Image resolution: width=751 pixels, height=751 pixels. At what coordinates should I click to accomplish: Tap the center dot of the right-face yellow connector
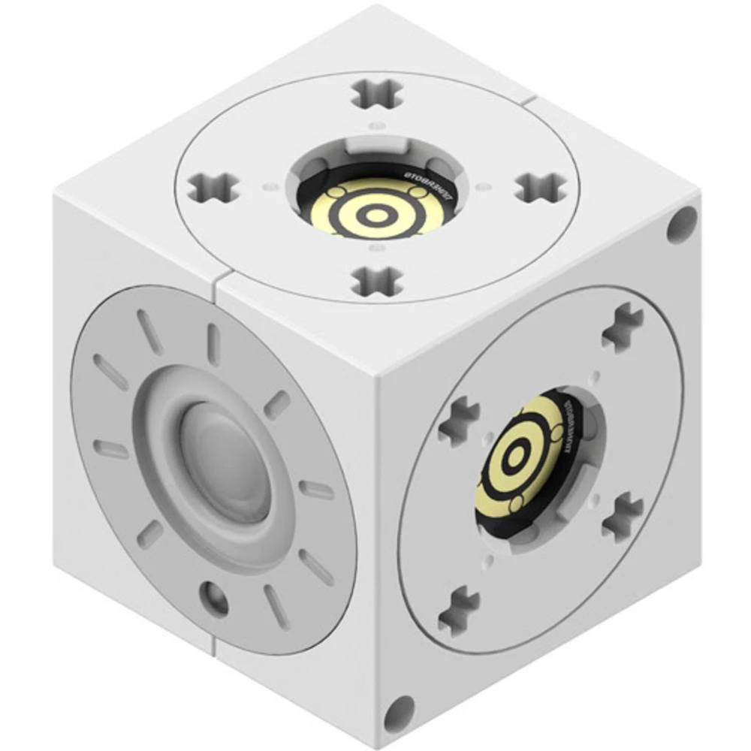[517, 455]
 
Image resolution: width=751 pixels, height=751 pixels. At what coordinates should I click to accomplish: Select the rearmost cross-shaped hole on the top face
[377, 93]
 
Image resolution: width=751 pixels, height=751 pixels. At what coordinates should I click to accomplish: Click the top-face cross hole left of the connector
[213, 187]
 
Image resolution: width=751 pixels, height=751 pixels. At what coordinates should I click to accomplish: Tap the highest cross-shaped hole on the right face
[623, 327]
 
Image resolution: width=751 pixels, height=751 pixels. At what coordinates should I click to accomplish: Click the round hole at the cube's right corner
[682, 224]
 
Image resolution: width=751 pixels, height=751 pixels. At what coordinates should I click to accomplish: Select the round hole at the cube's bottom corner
[399, 713]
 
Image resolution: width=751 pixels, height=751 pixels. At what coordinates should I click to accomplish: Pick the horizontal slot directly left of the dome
[110, 449]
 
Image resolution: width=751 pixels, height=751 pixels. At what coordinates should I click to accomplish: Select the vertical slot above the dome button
[213, 344]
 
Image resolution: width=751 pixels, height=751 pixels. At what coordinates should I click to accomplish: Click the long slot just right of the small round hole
[276, 606]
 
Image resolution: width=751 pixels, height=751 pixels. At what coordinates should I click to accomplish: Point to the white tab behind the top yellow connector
[373, 143]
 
